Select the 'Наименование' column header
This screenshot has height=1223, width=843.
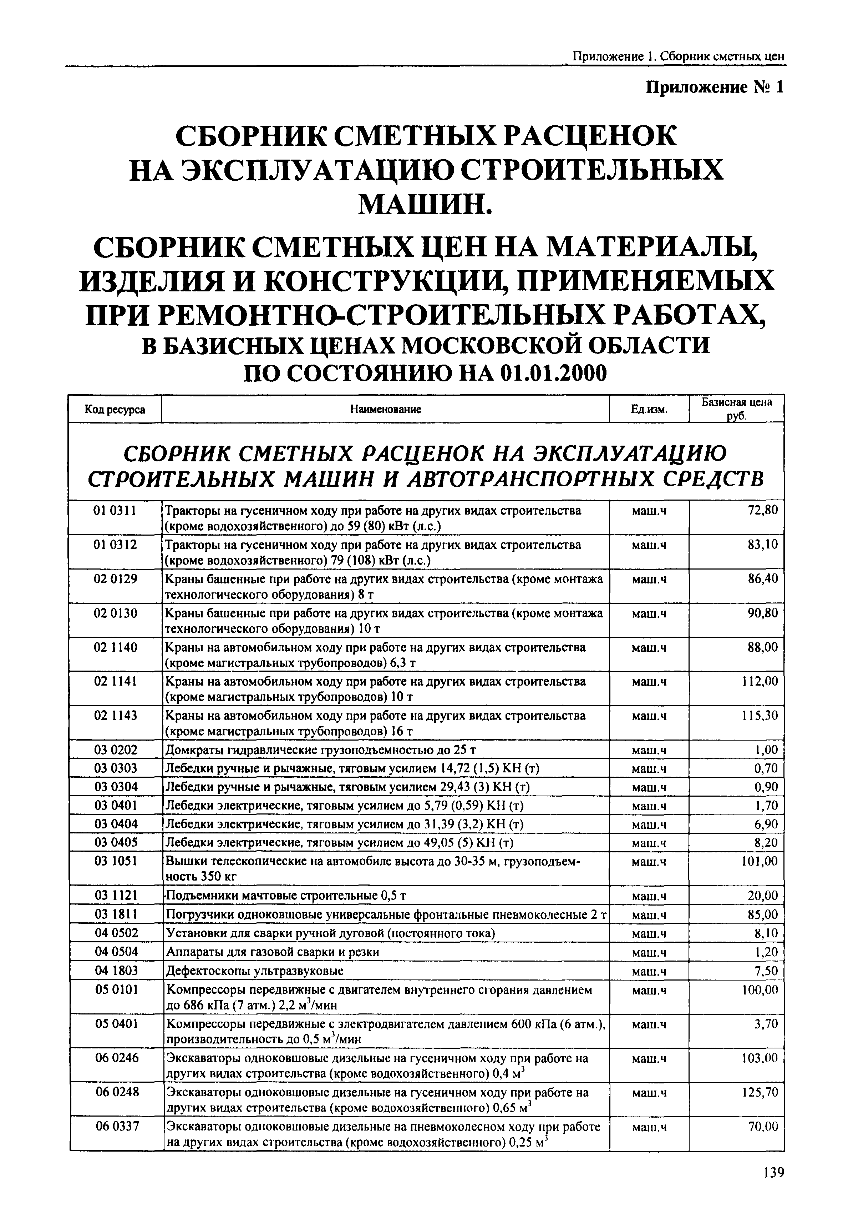pyautogui.click(x=385, y=409)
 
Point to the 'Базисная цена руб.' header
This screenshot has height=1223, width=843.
pyautogui.click(x=736, y=408)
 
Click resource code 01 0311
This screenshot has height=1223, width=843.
pyautogui.click(x=115, y=511)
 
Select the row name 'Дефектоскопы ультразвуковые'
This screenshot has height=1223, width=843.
pyautogui.click(x=255, y=971)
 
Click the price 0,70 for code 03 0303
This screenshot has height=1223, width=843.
pyautogui.click(x=766, y=768)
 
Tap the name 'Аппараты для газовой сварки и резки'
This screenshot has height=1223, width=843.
pyautogui.click(x=273, y=952)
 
